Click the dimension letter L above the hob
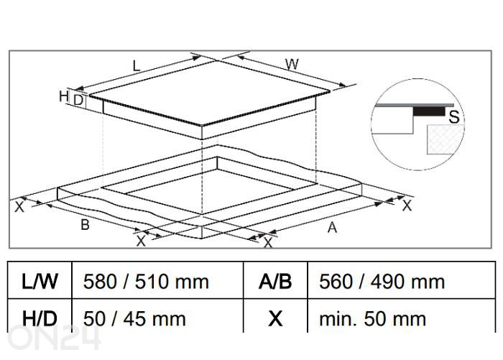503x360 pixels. tap(136, 66)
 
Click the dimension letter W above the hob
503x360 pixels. tap(292, 65)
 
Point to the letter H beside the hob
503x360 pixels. tap(63, 96)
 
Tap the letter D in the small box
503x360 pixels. tap(78, 101)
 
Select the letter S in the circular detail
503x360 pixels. tap(453, 117)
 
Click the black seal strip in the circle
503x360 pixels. tap(428, 112)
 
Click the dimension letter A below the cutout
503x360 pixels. tap(331, 228)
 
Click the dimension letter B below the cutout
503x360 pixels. tap(85, 225)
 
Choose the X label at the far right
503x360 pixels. tap(406, 206)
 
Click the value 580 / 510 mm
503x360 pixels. tap(146, 281)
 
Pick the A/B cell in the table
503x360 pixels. tap(275, 281)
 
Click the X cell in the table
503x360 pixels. tap(275, 318)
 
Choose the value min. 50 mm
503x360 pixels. tap(367, 318)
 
